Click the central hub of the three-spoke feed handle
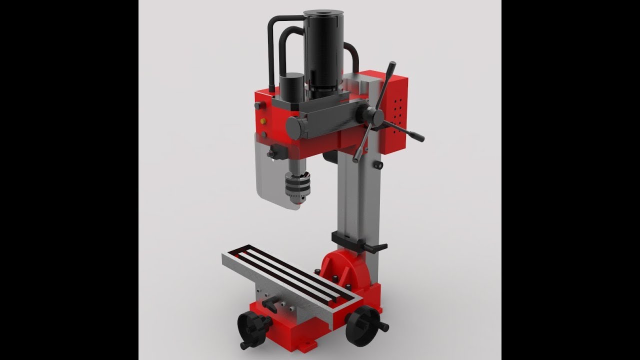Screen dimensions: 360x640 click(375, 116)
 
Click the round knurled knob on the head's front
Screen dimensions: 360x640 click(298, 127)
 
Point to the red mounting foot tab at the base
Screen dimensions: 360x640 click(310, 344)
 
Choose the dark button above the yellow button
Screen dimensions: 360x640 click(258, 105)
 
